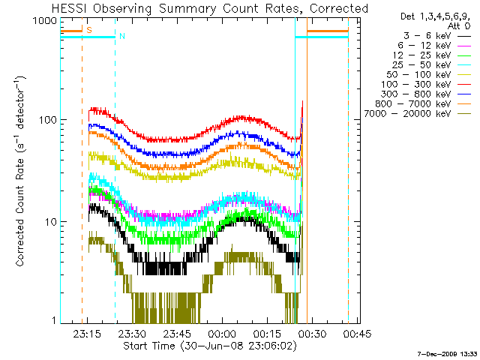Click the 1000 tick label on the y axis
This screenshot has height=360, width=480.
tap(45, 21)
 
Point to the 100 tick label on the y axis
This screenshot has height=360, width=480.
tap(48, 120)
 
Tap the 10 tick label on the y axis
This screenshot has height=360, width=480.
tap(51, 222)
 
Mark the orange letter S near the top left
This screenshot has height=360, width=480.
tap(89, 30)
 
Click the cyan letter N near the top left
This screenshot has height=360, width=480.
tap(122, 36)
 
